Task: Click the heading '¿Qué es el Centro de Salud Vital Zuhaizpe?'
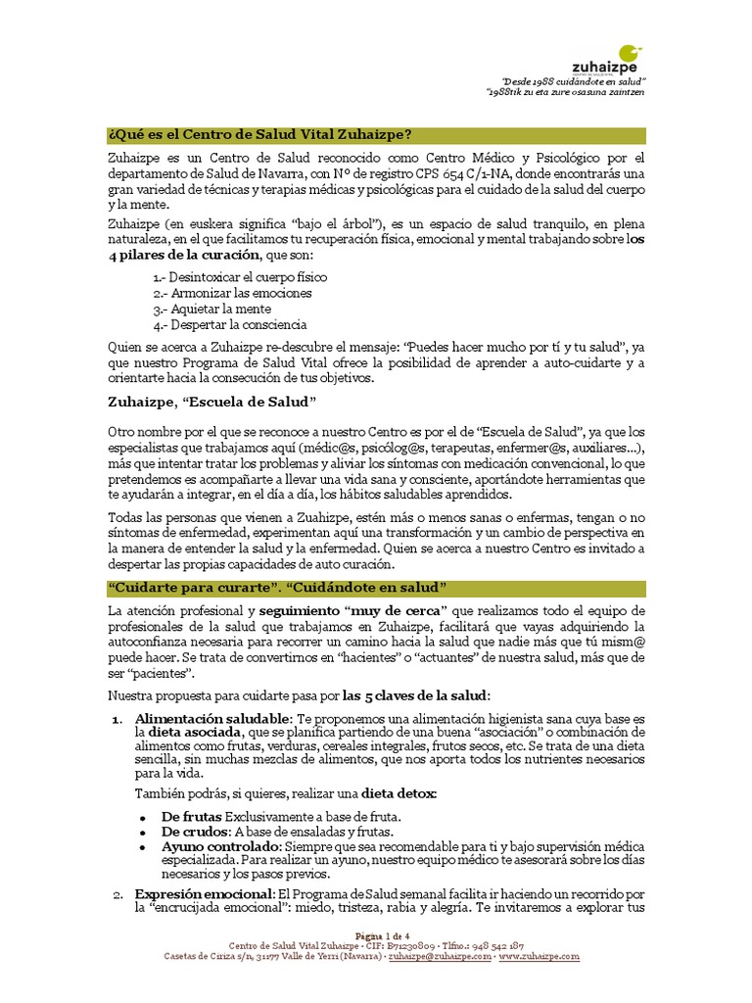click(x=258, y=134)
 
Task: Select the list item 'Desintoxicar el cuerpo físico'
click(x=240, y=277)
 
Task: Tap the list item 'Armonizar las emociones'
click(x=232, y=293)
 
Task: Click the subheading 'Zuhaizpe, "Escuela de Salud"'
click(x=214, y=401)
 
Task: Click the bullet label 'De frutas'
click(x=192, y=816)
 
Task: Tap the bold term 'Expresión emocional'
click(x=205, y=894)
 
